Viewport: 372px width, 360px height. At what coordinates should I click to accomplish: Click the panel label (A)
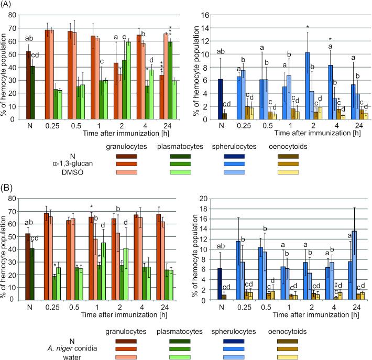pyautogui.click(x=9, y=6)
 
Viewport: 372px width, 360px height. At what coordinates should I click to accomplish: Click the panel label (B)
pyautogui.click(x=9, y=187)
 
